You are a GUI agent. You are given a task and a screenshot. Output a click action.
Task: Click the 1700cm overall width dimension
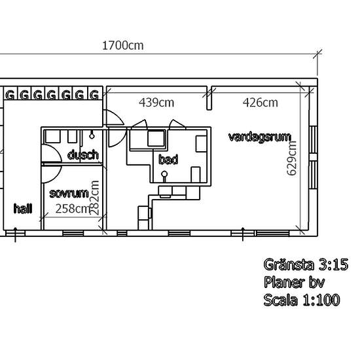[123, 45]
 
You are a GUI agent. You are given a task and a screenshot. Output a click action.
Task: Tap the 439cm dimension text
[156, 102]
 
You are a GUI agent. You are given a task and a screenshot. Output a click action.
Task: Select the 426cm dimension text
[260, 102]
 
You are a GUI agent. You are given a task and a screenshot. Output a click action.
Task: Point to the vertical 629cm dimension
[292, 158]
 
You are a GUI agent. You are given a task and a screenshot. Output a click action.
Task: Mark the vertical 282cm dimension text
[94, 198]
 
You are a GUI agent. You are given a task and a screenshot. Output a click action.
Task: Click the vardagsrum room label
[260, 137]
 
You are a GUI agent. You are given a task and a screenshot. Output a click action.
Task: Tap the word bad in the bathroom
[168, 159]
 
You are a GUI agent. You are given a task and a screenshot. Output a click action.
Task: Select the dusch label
[83, 154]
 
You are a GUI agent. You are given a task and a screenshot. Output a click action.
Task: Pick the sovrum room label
[69, 193]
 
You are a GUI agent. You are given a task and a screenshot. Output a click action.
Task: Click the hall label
[23, 208]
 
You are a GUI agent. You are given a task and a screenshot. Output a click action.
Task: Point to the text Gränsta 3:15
[306, 264]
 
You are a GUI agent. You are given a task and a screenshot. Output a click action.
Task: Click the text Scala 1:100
[302, 300]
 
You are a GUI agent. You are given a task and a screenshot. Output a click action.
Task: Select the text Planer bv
[294, 282]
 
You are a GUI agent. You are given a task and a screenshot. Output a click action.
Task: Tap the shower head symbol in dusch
[92, 135]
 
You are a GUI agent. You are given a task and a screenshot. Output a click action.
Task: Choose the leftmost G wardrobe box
[10, 94]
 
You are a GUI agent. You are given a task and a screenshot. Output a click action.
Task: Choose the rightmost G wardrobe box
[95, 94]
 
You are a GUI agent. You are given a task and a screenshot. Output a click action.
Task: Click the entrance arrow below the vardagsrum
[243, 234]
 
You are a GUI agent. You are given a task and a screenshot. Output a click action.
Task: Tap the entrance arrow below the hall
[16, 234]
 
